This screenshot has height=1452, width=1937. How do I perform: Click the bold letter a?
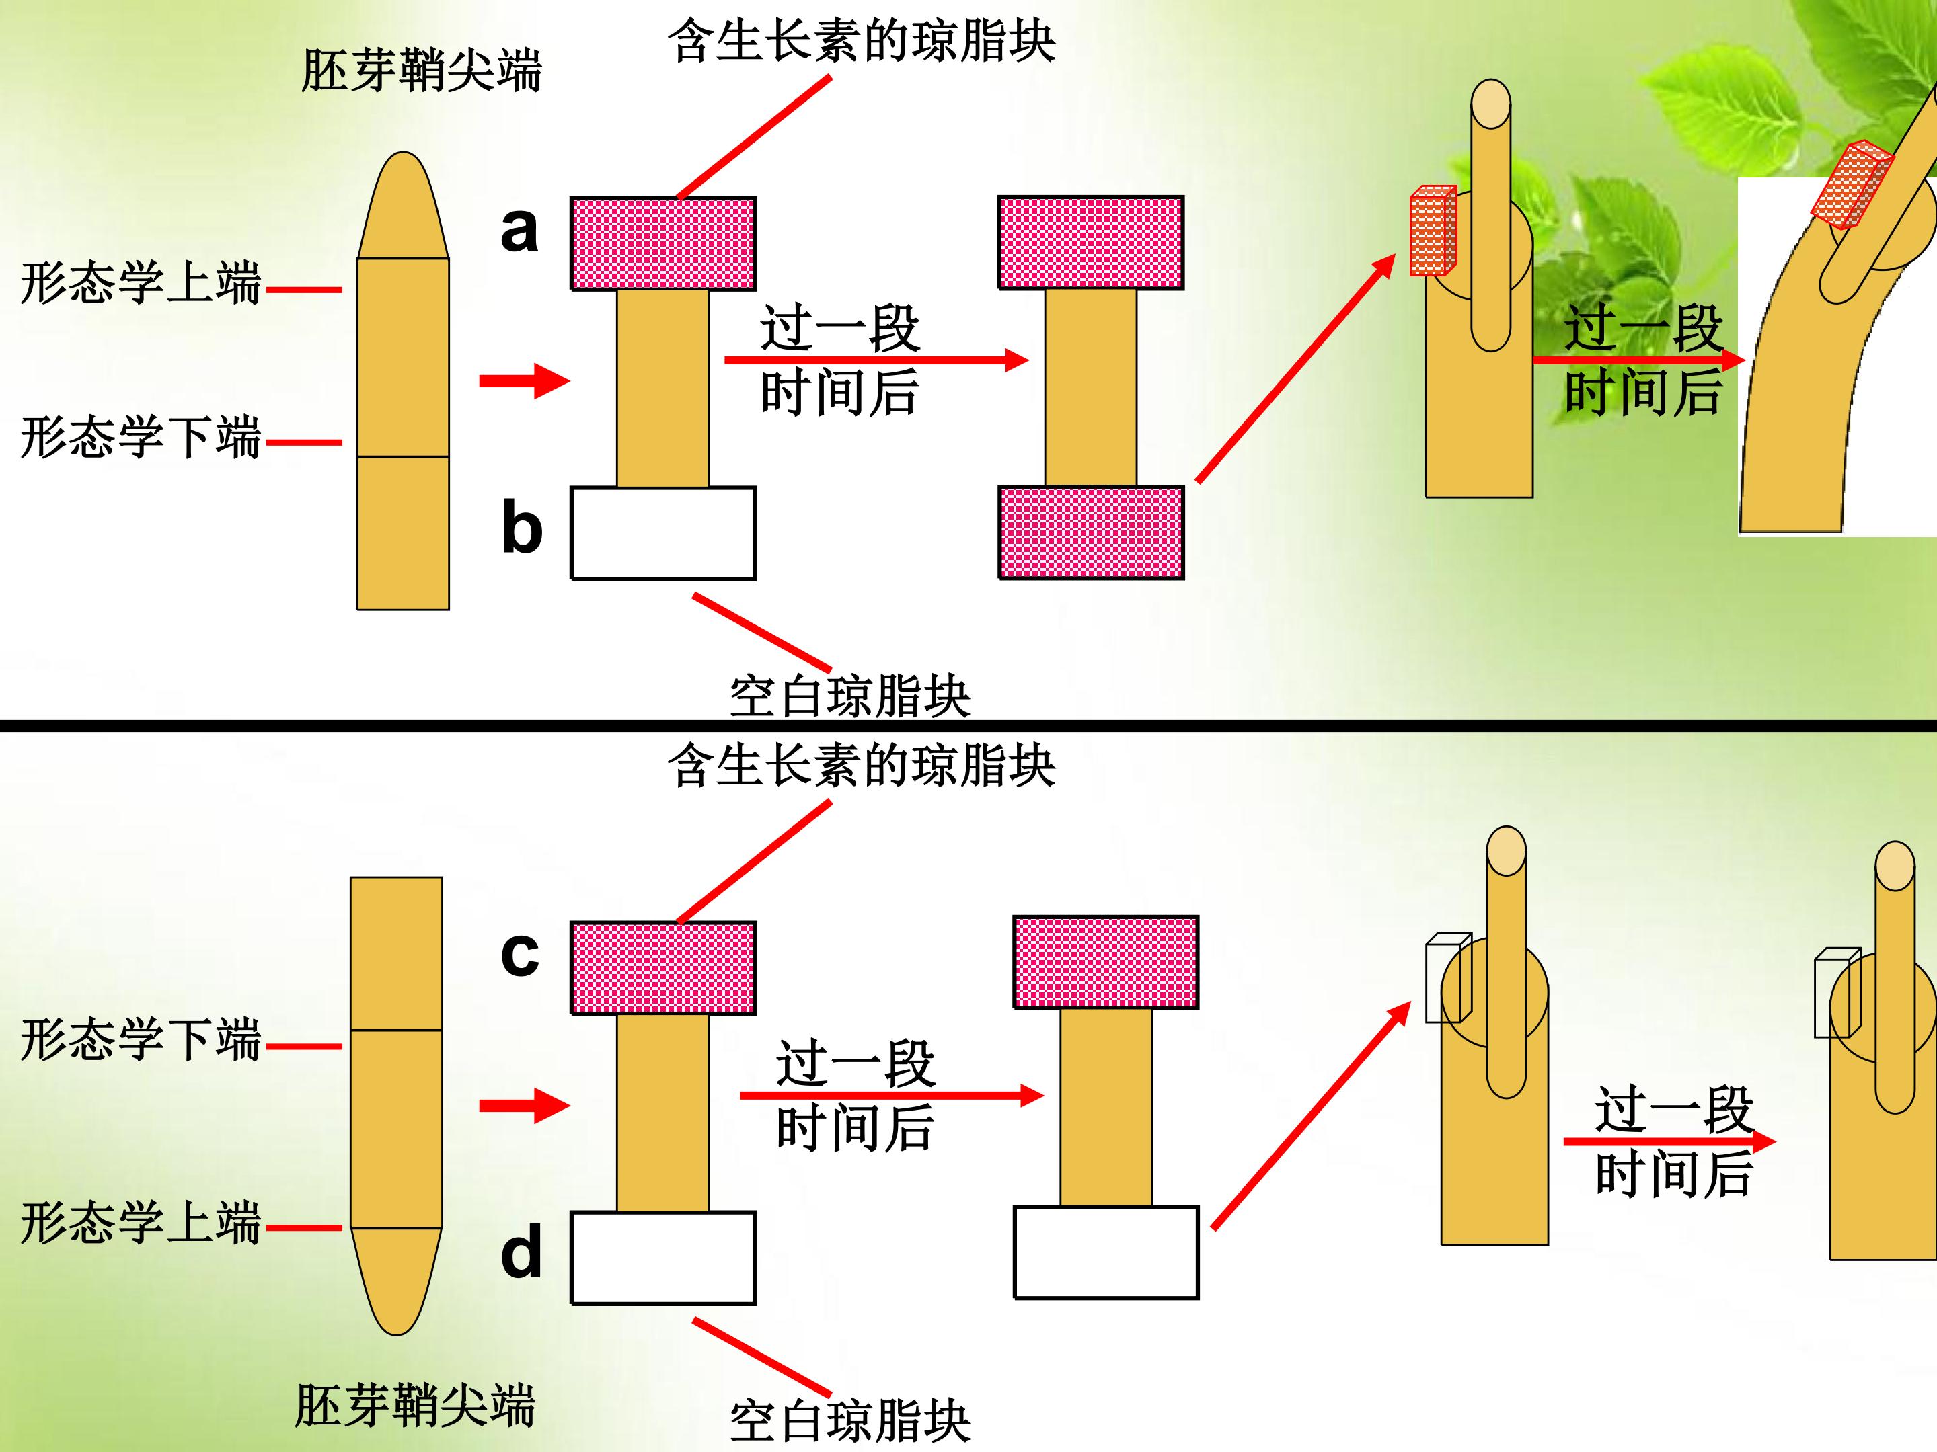click(519, 230)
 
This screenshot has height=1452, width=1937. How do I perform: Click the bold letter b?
click(522, 527)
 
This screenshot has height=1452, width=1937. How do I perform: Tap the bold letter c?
click(519, 954)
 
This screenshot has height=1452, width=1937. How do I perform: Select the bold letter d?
click(521, 1252)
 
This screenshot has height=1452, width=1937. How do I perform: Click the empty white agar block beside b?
click(663, 534)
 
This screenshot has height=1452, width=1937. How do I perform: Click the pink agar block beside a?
click(663, 243)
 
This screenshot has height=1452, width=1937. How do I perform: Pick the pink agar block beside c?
click(663, 968)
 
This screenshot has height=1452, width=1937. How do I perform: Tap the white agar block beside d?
click(663, 1258)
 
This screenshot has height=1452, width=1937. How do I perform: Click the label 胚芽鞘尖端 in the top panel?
click(421, 70)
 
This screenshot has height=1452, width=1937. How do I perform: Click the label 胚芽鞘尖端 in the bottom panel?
click(415, 1406)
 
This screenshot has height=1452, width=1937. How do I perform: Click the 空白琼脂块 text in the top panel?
click(850, 696)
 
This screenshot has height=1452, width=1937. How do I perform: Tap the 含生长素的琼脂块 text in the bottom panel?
click(862, 766)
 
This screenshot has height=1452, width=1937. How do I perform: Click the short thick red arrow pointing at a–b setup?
click(525, 380)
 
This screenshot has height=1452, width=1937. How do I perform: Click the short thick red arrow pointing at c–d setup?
click(525, 1105)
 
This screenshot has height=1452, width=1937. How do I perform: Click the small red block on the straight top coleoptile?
click(1433, 231)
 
